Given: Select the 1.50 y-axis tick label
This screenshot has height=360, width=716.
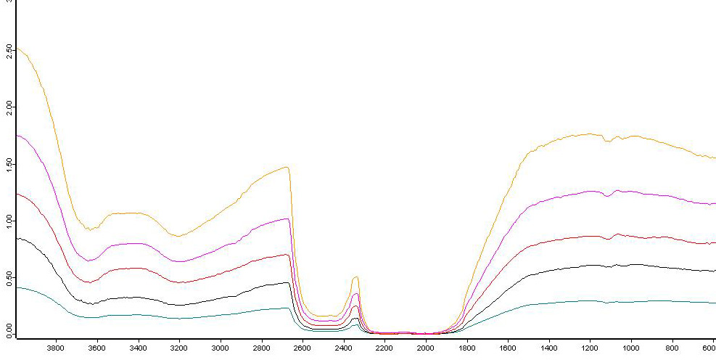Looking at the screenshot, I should click(7, 164).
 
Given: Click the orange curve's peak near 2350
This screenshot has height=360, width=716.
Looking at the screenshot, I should click(355, 277).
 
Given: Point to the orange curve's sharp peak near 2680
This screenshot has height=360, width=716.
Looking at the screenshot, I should click(288, 167).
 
